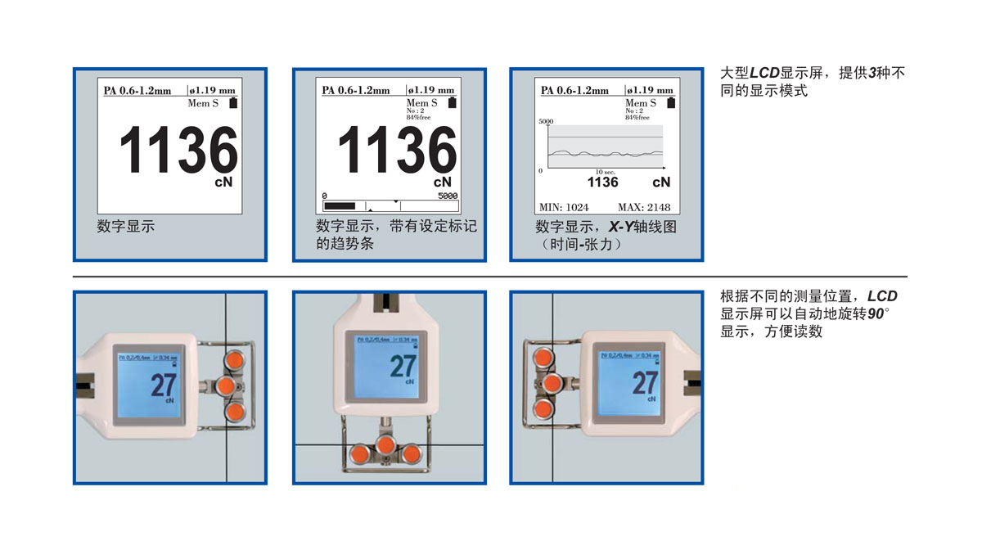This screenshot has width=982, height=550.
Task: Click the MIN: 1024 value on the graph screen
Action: (564, 207)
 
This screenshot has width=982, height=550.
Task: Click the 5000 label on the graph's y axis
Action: (546, 121)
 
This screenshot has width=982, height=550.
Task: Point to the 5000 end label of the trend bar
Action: (448, 196)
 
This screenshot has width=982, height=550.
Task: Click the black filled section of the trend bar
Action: (340, 205)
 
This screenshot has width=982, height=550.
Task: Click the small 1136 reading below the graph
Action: (603, 182)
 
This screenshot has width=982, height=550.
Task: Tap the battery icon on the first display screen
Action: (235, 102)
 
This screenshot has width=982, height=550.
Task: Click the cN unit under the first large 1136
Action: (223, 181)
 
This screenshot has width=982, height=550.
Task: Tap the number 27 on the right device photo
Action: (645, 382)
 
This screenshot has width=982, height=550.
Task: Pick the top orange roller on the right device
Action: (542, 358)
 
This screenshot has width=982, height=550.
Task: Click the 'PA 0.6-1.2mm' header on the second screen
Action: (356, 90)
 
